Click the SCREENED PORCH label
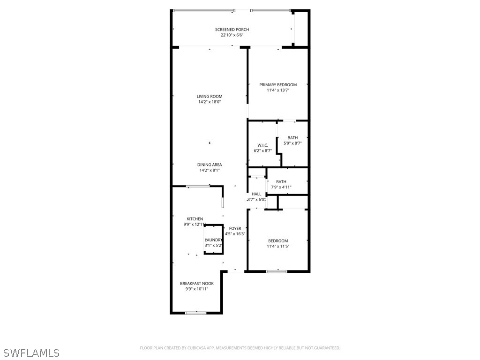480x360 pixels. click(232, 30)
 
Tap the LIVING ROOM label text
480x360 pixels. click(210, 97)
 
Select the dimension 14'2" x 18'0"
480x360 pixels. click(210, 102)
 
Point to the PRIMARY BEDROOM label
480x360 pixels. click(278, 85)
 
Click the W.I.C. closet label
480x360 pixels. click(262, 145)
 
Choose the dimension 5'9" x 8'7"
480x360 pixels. click(292, 143)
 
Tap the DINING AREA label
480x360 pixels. click(210, 165)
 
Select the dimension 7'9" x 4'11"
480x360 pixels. click(281, 187)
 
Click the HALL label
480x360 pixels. click(256, 194)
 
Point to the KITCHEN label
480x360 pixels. click(195, 219)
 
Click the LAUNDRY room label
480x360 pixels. click(214, 240)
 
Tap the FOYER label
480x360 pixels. click(235, 228)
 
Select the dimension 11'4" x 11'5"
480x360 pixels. click(278, 246)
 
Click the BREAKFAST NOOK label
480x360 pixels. click(197, 284)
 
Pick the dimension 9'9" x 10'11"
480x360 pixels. click(197, 289)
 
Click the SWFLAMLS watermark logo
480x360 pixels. click(31, 352)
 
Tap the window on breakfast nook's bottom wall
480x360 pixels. click(195, 313)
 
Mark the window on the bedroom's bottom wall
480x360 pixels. click(277, 271)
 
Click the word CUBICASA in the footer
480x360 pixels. click(195, 348)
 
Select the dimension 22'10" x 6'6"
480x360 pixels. click(232, 35)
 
